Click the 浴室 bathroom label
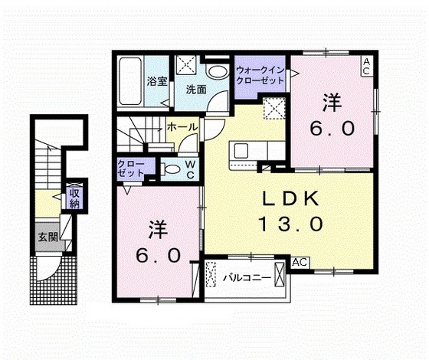tap(157, 81)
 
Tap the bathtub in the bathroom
tap(130, 81)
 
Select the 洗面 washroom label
tap(196, 90)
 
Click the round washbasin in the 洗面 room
tap(218, 72)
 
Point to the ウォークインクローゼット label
tap(260, 75)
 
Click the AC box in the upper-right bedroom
tap(367, 67)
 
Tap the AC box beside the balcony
tap(300, 262)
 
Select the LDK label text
tap(291, 198)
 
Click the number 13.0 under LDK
tap(291, 224)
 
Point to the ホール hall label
tap(182, 127)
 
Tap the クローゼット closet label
tap(130, 169)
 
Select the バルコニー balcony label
tap(247, 278)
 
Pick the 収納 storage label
tap(74, 198)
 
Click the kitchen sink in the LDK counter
tap(241, 150)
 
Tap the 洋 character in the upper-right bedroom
tap(332, 103)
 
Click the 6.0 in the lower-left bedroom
tap(159, 256)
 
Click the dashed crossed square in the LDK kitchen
tap(274, 108)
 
